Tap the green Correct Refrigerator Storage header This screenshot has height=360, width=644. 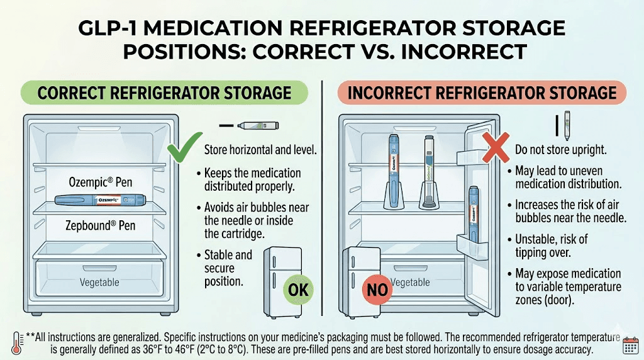tap(164, 93)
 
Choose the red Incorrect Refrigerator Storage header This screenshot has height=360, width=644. tap(482, 93)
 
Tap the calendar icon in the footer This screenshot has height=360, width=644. tap(630, 344)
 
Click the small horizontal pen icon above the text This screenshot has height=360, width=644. tap(258, 126)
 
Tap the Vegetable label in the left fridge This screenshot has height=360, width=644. tap(99, 283)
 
